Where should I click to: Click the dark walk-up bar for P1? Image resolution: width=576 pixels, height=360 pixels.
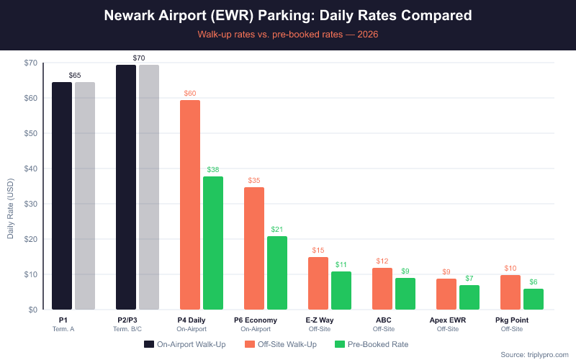click(62, 196)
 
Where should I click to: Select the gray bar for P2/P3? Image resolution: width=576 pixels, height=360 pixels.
click(149, 187)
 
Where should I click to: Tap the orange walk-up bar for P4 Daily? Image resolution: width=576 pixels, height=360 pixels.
click(190, 205)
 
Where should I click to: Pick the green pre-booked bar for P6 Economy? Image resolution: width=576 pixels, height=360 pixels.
click(277, 273)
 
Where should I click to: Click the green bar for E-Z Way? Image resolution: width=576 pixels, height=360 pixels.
click(341, 291)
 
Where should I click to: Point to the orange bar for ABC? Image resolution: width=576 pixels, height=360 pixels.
click(382, 289)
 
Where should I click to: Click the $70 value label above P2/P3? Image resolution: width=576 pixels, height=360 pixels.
click(139, 57)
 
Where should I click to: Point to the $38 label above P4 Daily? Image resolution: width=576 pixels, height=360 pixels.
click(213, 169)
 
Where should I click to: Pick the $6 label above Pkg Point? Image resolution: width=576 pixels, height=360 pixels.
click(534, 282)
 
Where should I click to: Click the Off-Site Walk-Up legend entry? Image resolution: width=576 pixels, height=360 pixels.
click(280, 344)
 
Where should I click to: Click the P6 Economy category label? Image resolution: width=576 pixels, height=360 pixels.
click(256, 320)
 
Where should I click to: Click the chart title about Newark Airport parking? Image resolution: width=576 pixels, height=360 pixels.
click(288, 15)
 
